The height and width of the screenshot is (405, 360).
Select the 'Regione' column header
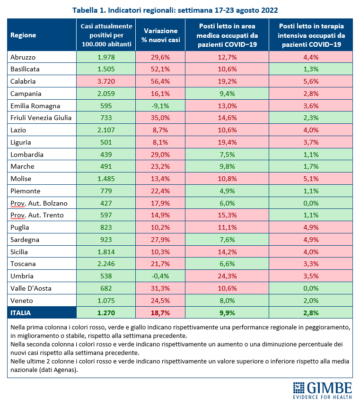pyautogui.click(x=23, y=35)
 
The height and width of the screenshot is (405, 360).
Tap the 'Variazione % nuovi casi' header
pyautogui.click(x=160, y=35)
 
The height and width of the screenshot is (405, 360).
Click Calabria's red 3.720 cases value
pyautogui.click(x=106, y=81)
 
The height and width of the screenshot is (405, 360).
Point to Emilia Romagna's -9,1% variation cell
pyautogui.click(x=160, y=106)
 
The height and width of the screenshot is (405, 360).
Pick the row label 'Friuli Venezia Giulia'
pyautogui.click(x=41, y=118)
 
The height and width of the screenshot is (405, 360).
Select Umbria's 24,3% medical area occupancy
pyautogui.click(x=228, y=276)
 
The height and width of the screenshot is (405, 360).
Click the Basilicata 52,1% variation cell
pyautogui.click(x=160, y=69)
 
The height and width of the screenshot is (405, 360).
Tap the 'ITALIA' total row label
pyautogui.click(x=20, y=313)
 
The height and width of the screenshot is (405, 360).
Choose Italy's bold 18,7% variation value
pyautogui.click(x=160, y=313)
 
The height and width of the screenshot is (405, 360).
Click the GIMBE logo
pyautogui.click(x=323, y=390)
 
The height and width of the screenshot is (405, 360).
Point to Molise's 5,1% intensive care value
pyautogui.click(x=311, y=179)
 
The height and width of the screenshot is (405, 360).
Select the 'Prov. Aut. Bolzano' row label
pyautogui.click(x=39, y=204)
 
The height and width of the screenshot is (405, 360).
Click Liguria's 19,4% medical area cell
pyautogui.click(x=227, y=142)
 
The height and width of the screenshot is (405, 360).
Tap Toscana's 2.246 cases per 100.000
pyautogui.click(x=106, y=264)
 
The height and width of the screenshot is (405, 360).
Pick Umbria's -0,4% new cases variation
pyautogui.click(x=160, y=276)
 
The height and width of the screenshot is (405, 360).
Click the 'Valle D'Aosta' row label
pyautogui.click(x=31, y=289)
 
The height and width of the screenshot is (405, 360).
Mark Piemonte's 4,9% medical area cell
pyautogui.click(x=227, y=191)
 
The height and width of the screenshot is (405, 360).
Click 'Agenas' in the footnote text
pyautogui.click(x=65, y=370)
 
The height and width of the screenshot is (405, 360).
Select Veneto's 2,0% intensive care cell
pyautogui.click(x=311, y=301)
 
